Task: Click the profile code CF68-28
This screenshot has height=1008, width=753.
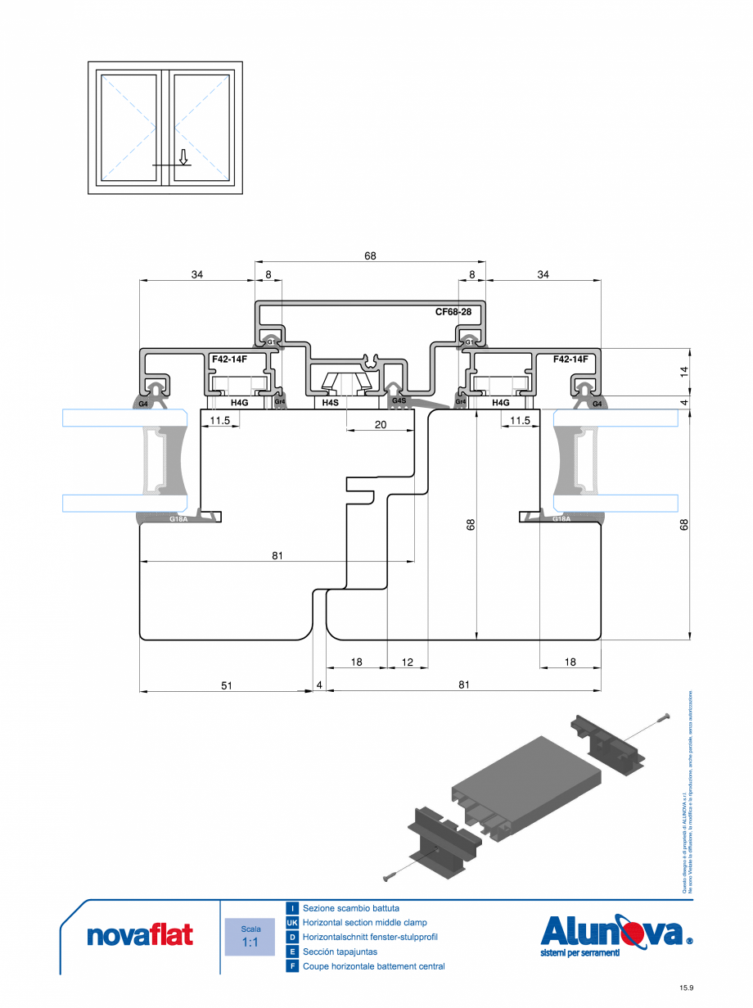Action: click(x=453, y=312)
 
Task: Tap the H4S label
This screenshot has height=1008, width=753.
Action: click(x=330, y=403)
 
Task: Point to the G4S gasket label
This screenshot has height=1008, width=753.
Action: click(x=399, y=401)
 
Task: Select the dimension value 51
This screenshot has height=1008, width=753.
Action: click(x=227, y=685)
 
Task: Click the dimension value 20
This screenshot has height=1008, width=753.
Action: click(x=380, y=424)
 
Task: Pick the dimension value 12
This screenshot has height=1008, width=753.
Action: click(x=408, y=662)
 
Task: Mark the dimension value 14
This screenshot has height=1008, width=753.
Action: click(x=684, y=370)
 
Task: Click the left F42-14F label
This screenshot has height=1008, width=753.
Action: click(x=229, y=359)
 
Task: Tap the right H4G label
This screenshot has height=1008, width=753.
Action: click(x=500, y=403)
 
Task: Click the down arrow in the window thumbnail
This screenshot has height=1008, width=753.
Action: click(x=184, y=156)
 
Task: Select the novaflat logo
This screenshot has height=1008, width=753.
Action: click(x=140, y=935)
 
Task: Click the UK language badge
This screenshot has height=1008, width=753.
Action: click(x=292, y=923)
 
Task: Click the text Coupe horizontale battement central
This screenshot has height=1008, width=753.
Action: click(x=373, y=966)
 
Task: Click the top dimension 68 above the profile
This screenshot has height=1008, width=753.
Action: click(x=370, y=256)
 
